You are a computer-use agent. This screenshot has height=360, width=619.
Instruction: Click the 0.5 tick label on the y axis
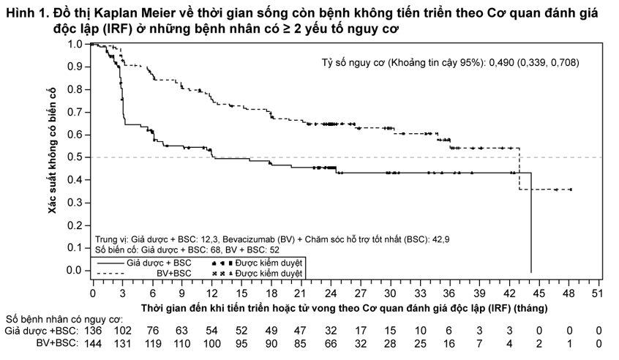(x=75, y=157)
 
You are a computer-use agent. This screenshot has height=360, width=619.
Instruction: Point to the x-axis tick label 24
(x=331, y=293)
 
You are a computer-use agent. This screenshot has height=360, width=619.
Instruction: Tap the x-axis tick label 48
(x=569, y=293)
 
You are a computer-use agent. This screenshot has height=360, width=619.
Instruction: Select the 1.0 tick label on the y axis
(x=75, y=44)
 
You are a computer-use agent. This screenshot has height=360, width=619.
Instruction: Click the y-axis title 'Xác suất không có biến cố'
(x=53, y=151)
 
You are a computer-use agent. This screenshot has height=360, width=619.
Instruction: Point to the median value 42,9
(x=440, y=239)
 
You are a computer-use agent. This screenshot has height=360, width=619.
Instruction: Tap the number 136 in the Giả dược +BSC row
(x=93, y=331)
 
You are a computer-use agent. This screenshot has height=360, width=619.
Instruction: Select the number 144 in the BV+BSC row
(x=93, y=344)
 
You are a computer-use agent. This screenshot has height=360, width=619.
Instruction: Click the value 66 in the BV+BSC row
(x=331, y=344)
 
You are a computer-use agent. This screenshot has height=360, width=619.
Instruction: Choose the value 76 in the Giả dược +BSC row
(x=153, y=331)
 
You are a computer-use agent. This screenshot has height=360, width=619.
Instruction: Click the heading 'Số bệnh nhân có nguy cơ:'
(x=64, y=319)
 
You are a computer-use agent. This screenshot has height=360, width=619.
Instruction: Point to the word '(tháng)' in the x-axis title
(x=532, y=308)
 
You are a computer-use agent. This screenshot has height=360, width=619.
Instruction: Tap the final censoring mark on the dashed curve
(x=570, y=190)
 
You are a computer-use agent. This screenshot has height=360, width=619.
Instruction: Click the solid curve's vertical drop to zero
(x=531, y=222)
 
